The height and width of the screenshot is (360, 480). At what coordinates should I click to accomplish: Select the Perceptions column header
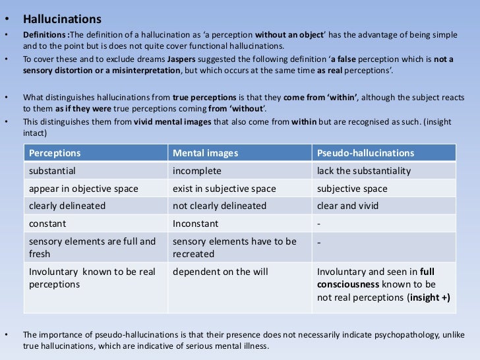55,153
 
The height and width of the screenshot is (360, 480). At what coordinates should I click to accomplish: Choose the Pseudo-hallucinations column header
366,153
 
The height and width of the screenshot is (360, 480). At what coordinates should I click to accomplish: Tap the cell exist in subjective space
224,189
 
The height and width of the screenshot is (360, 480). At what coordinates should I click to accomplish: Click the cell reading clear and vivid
348,206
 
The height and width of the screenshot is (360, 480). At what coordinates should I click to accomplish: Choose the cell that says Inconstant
195,224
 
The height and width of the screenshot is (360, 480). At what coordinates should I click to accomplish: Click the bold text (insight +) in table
429,297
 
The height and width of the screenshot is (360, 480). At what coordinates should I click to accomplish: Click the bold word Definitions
44,34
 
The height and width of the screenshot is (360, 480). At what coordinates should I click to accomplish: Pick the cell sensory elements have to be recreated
234,247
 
